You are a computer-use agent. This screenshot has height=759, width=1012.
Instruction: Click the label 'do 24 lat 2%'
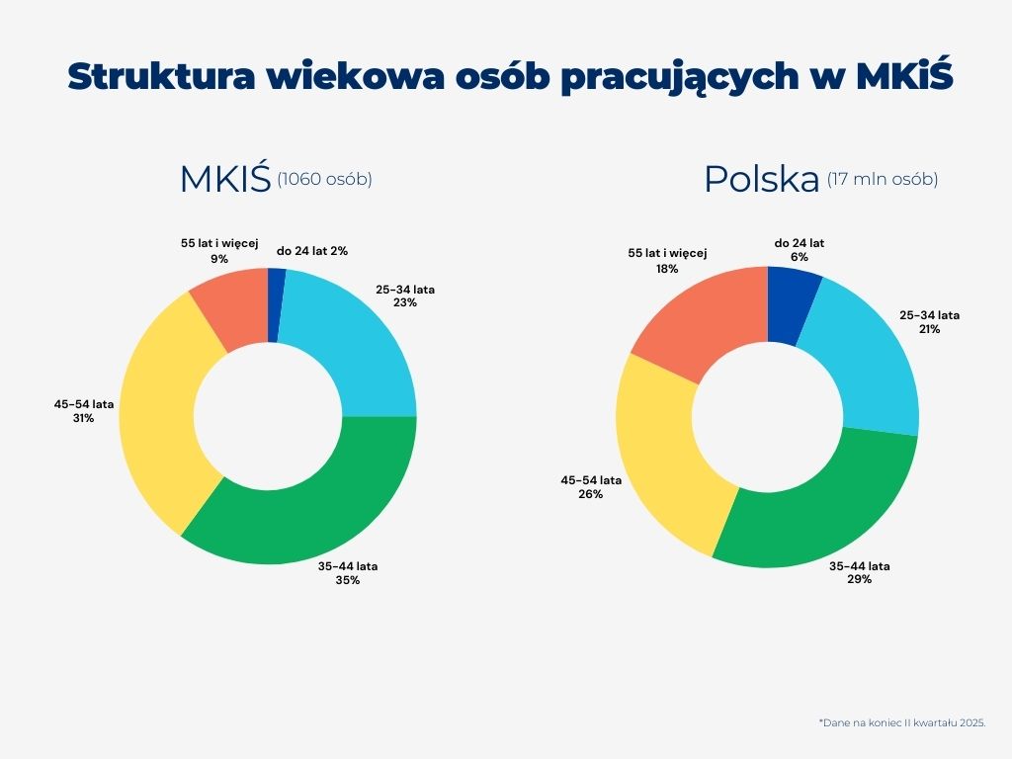[311, 251]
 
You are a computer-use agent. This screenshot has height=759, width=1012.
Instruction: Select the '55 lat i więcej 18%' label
[668, 260]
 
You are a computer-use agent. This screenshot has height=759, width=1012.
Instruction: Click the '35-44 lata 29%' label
[859, 572]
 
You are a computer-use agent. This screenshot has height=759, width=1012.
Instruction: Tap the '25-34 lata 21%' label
[929, 322]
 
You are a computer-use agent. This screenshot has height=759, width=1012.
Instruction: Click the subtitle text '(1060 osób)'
[324, 179]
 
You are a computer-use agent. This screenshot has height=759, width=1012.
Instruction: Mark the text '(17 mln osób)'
[883, 179]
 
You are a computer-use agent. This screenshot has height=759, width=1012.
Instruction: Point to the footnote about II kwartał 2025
[901, 723]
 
